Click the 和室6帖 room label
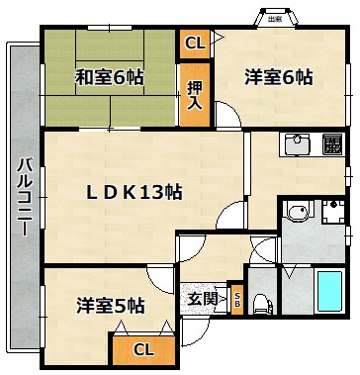109,78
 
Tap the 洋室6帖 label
279,78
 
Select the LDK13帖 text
134,192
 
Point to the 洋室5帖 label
111,306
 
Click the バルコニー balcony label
25,197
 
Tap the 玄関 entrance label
203,299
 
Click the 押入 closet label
195,95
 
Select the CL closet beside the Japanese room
195,44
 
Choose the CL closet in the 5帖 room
143,350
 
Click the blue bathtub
330,291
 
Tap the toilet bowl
263,305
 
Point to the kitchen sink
298,144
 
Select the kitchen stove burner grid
332,144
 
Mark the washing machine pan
333,212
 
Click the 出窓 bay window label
275,19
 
